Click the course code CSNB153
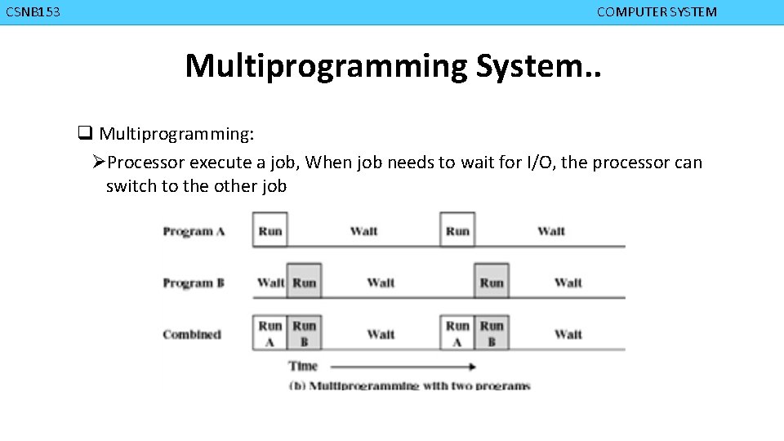click(x=33, y=12)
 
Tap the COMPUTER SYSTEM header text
click(x=657, y=12)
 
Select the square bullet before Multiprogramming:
click(x=84, y=133)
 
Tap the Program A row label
click(x=194, y=231)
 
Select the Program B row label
click(x=194, y=283)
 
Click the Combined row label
click(x=192, y=334)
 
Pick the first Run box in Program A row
click(x=269, y=231)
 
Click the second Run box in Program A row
click(x=457, y=231)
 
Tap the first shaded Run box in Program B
click(x=304, y=283)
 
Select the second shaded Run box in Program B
click(x=492, y=283)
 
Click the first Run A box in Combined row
click(x=269, y=333)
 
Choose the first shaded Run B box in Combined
click(x=304, y=333)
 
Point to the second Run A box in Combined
click(x=457, y=333)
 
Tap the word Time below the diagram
click(x=303, y=366)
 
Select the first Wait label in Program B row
click(x=269, y=283)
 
